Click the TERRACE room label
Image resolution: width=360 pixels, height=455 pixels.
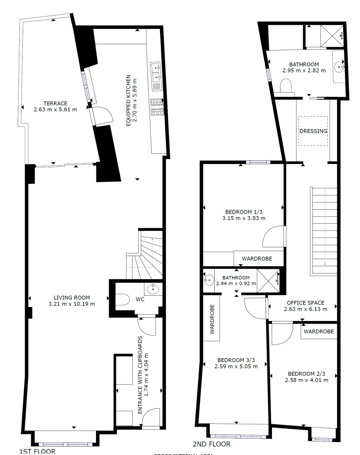(56, 103)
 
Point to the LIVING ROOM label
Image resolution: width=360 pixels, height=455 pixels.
(71, 297)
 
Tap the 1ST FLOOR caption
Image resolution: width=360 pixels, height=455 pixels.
(37, 451)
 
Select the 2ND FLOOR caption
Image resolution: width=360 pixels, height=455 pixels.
(211, 444)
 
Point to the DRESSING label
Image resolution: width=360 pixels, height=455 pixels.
(313, 131)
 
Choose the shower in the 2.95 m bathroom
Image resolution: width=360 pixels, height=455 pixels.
(333, 35)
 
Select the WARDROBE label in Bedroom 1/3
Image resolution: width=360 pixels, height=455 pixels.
(256, 258)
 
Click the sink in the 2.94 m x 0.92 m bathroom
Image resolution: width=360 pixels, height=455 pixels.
(209, 280)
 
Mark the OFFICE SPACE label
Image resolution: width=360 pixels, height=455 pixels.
(305, 303)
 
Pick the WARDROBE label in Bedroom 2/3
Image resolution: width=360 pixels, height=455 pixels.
(319, 332)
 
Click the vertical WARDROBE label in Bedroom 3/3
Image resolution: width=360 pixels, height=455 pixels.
(212, 319)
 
